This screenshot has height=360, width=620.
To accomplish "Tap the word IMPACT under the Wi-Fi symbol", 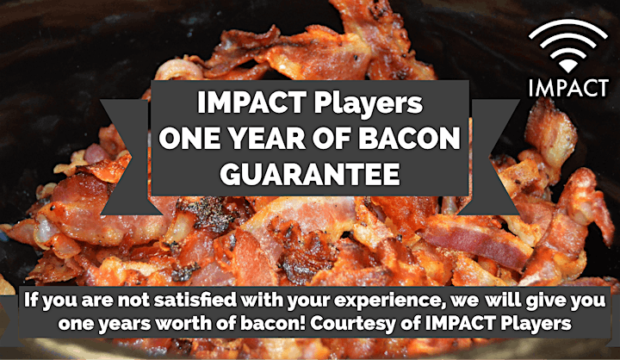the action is click(x=568, y=88).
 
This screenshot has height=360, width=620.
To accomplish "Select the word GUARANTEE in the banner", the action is click(x=310, y=174).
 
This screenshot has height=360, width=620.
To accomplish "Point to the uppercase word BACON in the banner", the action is click(x=412, y=138).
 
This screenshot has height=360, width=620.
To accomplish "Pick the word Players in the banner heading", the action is click(x=368, y=102).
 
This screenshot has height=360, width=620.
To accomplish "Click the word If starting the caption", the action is click(x=30, y=301).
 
